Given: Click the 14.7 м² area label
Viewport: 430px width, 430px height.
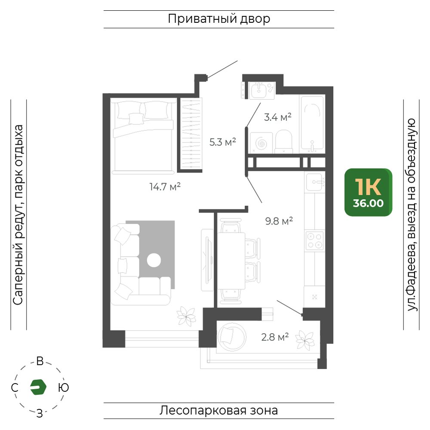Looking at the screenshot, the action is pos(165,187).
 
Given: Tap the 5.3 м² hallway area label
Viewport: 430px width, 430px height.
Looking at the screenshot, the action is pos(223,142).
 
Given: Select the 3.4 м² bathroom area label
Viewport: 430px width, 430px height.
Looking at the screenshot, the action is pos(277,117).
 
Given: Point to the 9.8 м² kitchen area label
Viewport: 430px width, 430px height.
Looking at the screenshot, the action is pos(279,221).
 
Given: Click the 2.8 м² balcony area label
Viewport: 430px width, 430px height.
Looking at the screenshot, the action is pos(275,337).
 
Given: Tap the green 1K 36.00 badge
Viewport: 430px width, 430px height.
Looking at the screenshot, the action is pos(369,192).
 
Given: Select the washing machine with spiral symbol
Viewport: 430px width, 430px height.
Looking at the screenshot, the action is pos(261,143).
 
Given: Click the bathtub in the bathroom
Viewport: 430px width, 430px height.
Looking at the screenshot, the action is pos(312,123).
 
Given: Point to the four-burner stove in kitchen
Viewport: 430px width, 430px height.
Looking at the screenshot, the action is pos(315,240).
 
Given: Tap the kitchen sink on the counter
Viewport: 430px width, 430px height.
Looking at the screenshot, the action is pos(315,182).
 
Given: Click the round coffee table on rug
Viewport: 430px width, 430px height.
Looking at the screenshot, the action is pos(154,260).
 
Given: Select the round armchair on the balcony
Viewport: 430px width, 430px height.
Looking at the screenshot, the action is pos(232,337).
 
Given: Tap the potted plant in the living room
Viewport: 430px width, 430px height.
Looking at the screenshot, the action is pos(186,316).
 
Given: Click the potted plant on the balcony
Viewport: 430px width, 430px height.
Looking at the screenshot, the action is pos(305,340).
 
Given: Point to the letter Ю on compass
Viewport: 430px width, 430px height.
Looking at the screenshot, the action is pos(64,387).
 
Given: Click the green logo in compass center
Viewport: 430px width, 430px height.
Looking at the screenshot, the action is pos(38,387).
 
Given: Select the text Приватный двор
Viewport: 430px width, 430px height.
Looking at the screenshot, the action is pos(219,19).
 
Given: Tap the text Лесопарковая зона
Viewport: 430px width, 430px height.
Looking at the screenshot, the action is pos(219,411).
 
